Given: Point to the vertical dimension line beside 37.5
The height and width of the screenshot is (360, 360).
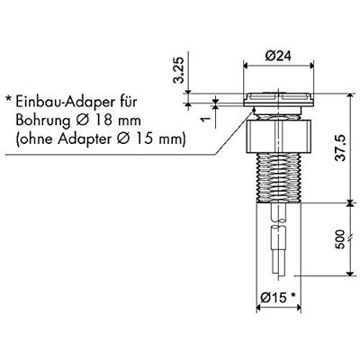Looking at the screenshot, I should point(350,148).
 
